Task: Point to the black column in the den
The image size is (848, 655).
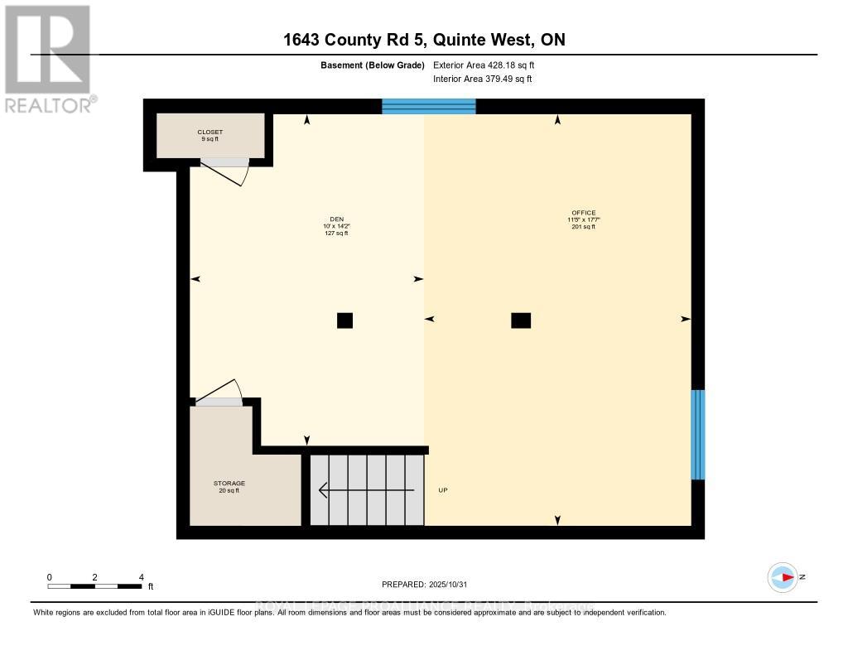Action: pyautogui.click(x=344, y=320)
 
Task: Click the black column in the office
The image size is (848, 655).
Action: pyautogui.click(x=521, y=320)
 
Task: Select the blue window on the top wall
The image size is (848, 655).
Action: pyautogui.click(x=429, y=106)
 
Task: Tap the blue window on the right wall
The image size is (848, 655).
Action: pyautogui.click(x=698, y=435)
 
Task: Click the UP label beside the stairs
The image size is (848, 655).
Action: pyautogui.click(x=443, y=490)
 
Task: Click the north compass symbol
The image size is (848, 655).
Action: pyautogui.click(x=783, y=577)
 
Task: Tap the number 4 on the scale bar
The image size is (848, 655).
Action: pyautogui.click(x=142, y=577)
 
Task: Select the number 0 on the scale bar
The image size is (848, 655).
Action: pyautogui.click(x=50, y=577)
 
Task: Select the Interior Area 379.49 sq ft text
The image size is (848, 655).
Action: pyautogui.click(x=483, y=79)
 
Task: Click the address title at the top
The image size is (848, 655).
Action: pyautogui.click(x=423, y=40)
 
